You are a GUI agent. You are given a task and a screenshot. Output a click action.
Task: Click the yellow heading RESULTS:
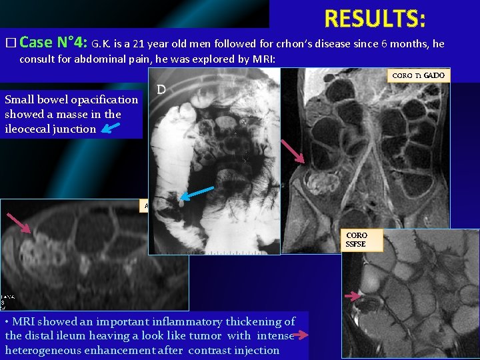coord(375,19)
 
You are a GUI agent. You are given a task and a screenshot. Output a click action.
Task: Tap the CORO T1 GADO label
coord(418,76)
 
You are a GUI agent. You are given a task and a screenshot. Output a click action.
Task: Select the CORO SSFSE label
coord(357,240)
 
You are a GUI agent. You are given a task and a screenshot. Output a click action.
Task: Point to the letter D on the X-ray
coord(161,89)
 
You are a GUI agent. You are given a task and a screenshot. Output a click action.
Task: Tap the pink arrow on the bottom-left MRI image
coord(20,223)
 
